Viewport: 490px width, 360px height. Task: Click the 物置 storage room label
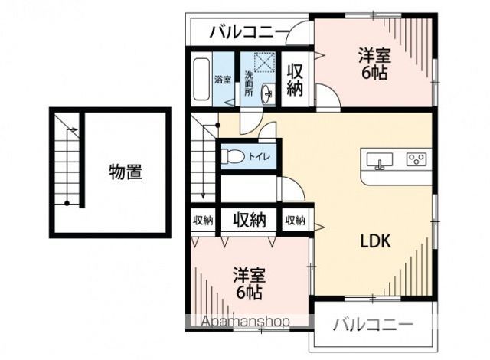tap(125, 172)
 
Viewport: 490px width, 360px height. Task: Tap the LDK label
tap(376, 240)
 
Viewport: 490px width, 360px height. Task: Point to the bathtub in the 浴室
tap(201, 79)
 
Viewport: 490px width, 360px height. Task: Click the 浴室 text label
tap(222, 80)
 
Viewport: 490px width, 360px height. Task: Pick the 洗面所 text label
tap(249, 83)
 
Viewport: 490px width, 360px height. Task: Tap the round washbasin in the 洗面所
tap(267, 94)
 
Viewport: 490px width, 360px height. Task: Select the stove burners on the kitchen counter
tap(416, 160)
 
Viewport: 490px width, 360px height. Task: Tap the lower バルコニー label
tap(373, 323)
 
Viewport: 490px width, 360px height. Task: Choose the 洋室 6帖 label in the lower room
tap(250, 283)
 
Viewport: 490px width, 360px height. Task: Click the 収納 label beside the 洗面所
tap(296, 79)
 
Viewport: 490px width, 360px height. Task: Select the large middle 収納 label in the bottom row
tap(250, 221)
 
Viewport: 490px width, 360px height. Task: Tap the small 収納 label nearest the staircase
tap(203, 221)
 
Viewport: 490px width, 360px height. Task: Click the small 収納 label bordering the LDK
tap(296, 221)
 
